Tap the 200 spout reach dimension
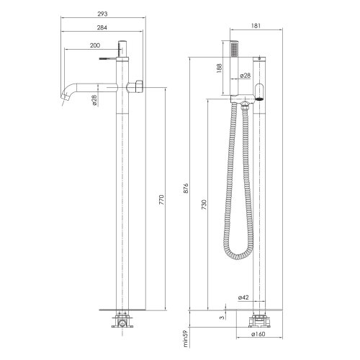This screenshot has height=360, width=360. [x=94, y=45]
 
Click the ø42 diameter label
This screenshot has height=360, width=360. [x=243, y=297]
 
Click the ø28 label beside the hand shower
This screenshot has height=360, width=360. [x=245, y=75]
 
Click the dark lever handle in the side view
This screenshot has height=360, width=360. [x=260, y=90]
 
